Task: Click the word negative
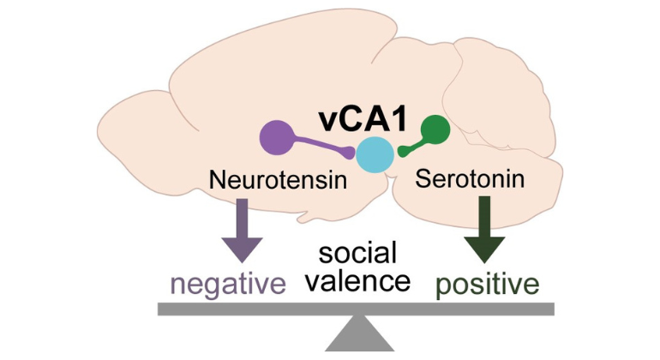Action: (227, 282)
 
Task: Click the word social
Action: (358, 253)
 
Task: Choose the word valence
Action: (359, 280)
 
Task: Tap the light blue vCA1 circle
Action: (375, 155)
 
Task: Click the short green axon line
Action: (415, 144)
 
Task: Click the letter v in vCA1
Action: (327, 121)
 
